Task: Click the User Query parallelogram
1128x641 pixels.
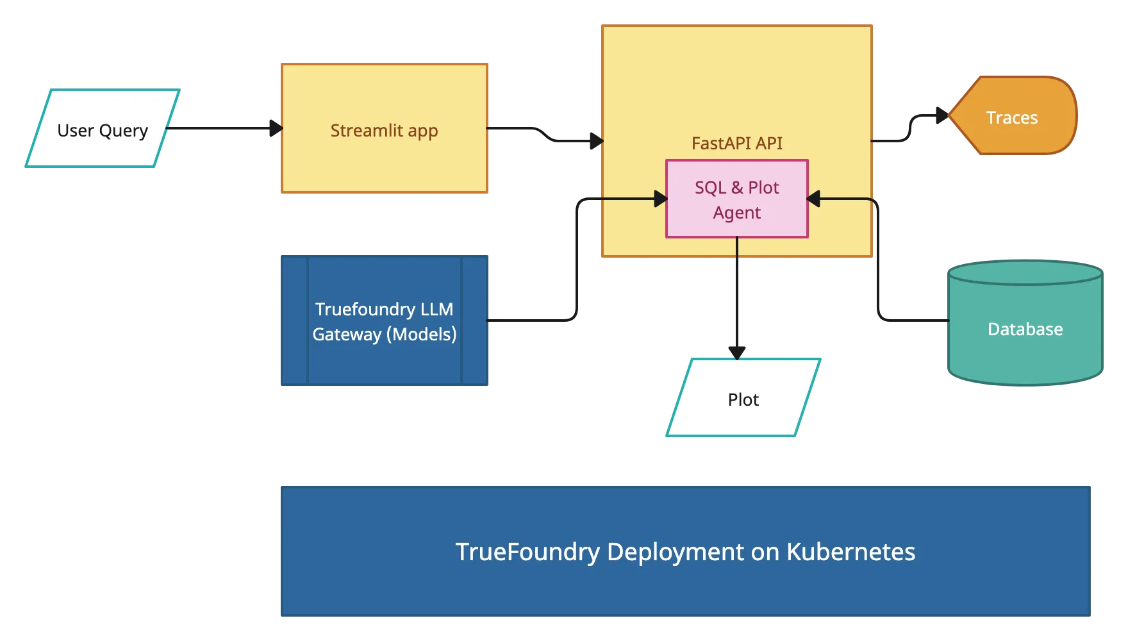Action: (103, 129)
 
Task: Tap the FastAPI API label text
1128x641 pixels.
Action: (737, 143)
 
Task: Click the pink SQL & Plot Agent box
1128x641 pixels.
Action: (737, 199)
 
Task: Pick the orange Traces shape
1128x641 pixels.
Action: (1013, 117)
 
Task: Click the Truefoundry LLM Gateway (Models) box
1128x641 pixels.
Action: (385, 320)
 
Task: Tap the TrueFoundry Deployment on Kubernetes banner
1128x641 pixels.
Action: (684, 551)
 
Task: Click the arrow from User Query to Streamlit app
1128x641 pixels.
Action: (224, 128)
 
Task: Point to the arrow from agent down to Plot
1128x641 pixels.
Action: (736, 295)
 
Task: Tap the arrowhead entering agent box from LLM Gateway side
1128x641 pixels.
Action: (660, 199)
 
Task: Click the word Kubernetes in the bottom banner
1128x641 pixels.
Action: (850, 551)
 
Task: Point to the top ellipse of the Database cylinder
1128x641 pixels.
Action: (1025, 273)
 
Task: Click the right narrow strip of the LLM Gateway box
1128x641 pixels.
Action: (475, 320)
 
